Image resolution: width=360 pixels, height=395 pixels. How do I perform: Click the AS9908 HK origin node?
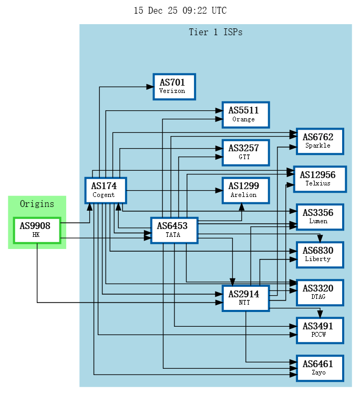[37, 230]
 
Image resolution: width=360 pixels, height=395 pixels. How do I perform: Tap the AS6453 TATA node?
[174, 231]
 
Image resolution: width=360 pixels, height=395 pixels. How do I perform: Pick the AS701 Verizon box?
[174, 87]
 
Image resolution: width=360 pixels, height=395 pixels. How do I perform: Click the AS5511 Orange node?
[245, 115]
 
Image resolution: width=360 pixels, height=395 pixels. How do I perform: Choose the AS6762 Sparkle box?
[320, 141]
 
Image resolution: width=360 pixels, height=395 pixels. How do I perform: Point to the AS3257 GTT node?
[245, 152]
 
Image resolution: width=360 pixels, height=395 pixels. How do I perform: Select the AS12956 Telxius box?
[320, 179]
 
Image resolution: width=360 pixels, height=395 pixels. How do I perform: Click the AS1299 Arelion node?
[245, 190]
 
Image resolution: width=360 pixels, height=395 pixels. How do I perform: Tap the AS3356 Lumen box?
[320, 216]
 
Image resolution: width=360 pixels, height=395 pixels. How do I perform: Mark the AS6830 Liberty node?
[320, 255]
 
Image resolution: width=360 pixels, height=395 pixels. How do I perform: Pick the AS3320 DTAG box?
[320, 293]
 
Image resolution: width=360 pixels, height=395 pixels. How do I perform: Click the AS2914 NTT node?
[245, 298]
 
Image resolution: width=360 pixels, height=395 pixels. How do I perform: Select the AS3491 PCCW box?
[320, 330]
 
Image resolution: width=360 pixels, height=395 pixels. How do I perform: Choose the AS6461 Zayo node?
[320, 368]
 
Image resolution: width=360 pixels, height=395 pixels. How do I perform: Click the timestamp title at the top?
[180, 11]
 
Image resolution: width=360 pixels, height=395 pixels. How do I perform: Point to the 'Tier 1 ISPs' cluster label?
[215, 32]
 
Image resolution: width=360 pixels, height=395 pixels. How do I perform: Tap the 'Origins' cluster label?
[37, 204]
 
